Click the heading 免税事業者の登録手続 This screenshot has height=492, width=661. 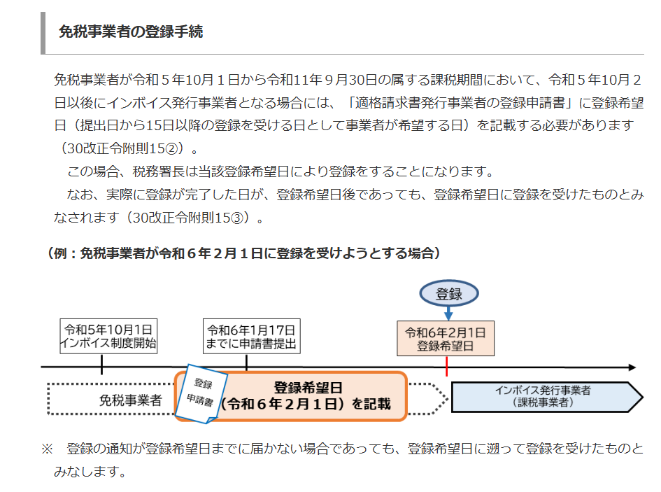point(131,31)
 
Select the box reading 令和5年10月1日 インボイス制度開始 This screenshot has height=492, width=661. point(108,337)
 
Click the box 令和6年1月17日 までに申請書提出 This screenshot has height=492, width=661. point(251,337)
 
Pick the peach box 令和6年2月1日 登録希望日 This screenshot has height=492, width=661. point(446,339)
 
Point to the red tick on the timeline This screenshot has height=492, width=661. point(446,366)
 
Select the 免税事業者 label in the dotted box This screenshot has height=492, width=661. point(130,400)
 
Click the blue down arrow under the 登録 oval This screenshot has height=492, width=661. point(448,314)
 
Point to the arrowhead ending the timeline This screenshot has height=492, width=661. point(632,367)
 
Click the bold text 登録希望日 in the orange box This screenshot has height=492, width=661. point(308,388)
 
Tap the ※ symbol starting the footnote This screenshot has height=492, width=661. point(47,449)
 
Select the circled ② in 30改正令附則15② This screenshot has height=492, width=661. point(173,148)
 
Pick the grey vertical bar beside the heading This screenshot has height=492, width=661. point(43,33)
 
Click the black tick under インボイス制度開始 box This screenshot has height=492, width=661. point(101,364)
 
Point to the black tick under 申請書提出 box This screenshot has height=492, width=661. point(246,363)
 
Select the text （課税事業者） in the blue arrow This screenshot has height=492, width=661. point(543,402)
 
